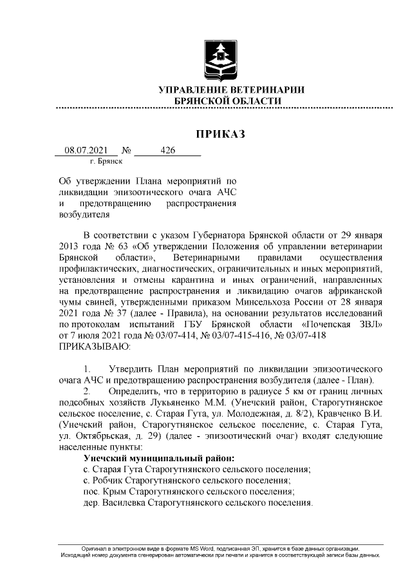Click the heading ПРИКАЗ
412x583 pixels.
[x=221, y=134]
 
